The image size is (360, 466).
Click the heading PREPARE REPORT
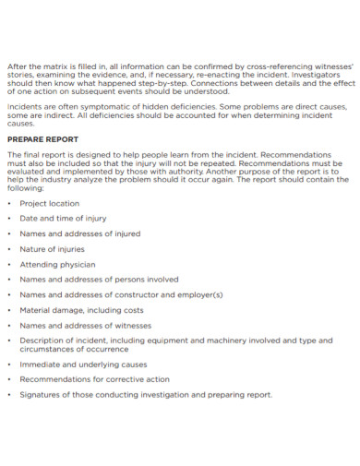[42, 139]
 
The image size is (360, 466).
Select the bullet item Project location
[50, 203]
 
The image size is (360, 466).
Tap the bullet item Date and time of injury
[63, 219]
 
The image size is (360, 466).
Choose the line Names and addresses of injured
[79, 233]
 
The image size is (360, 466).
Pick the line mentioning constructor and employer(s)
[121, 294]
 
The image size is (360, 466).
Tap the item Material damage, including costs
[81, 310]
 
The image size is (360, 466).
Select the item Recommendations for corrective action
[94, 379]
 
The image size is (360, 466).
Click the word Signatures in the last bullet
[40, 395]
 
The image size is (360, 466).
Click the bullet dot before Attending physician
[9, 264]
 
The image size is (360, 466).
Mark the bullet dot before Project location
[9, 203]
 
